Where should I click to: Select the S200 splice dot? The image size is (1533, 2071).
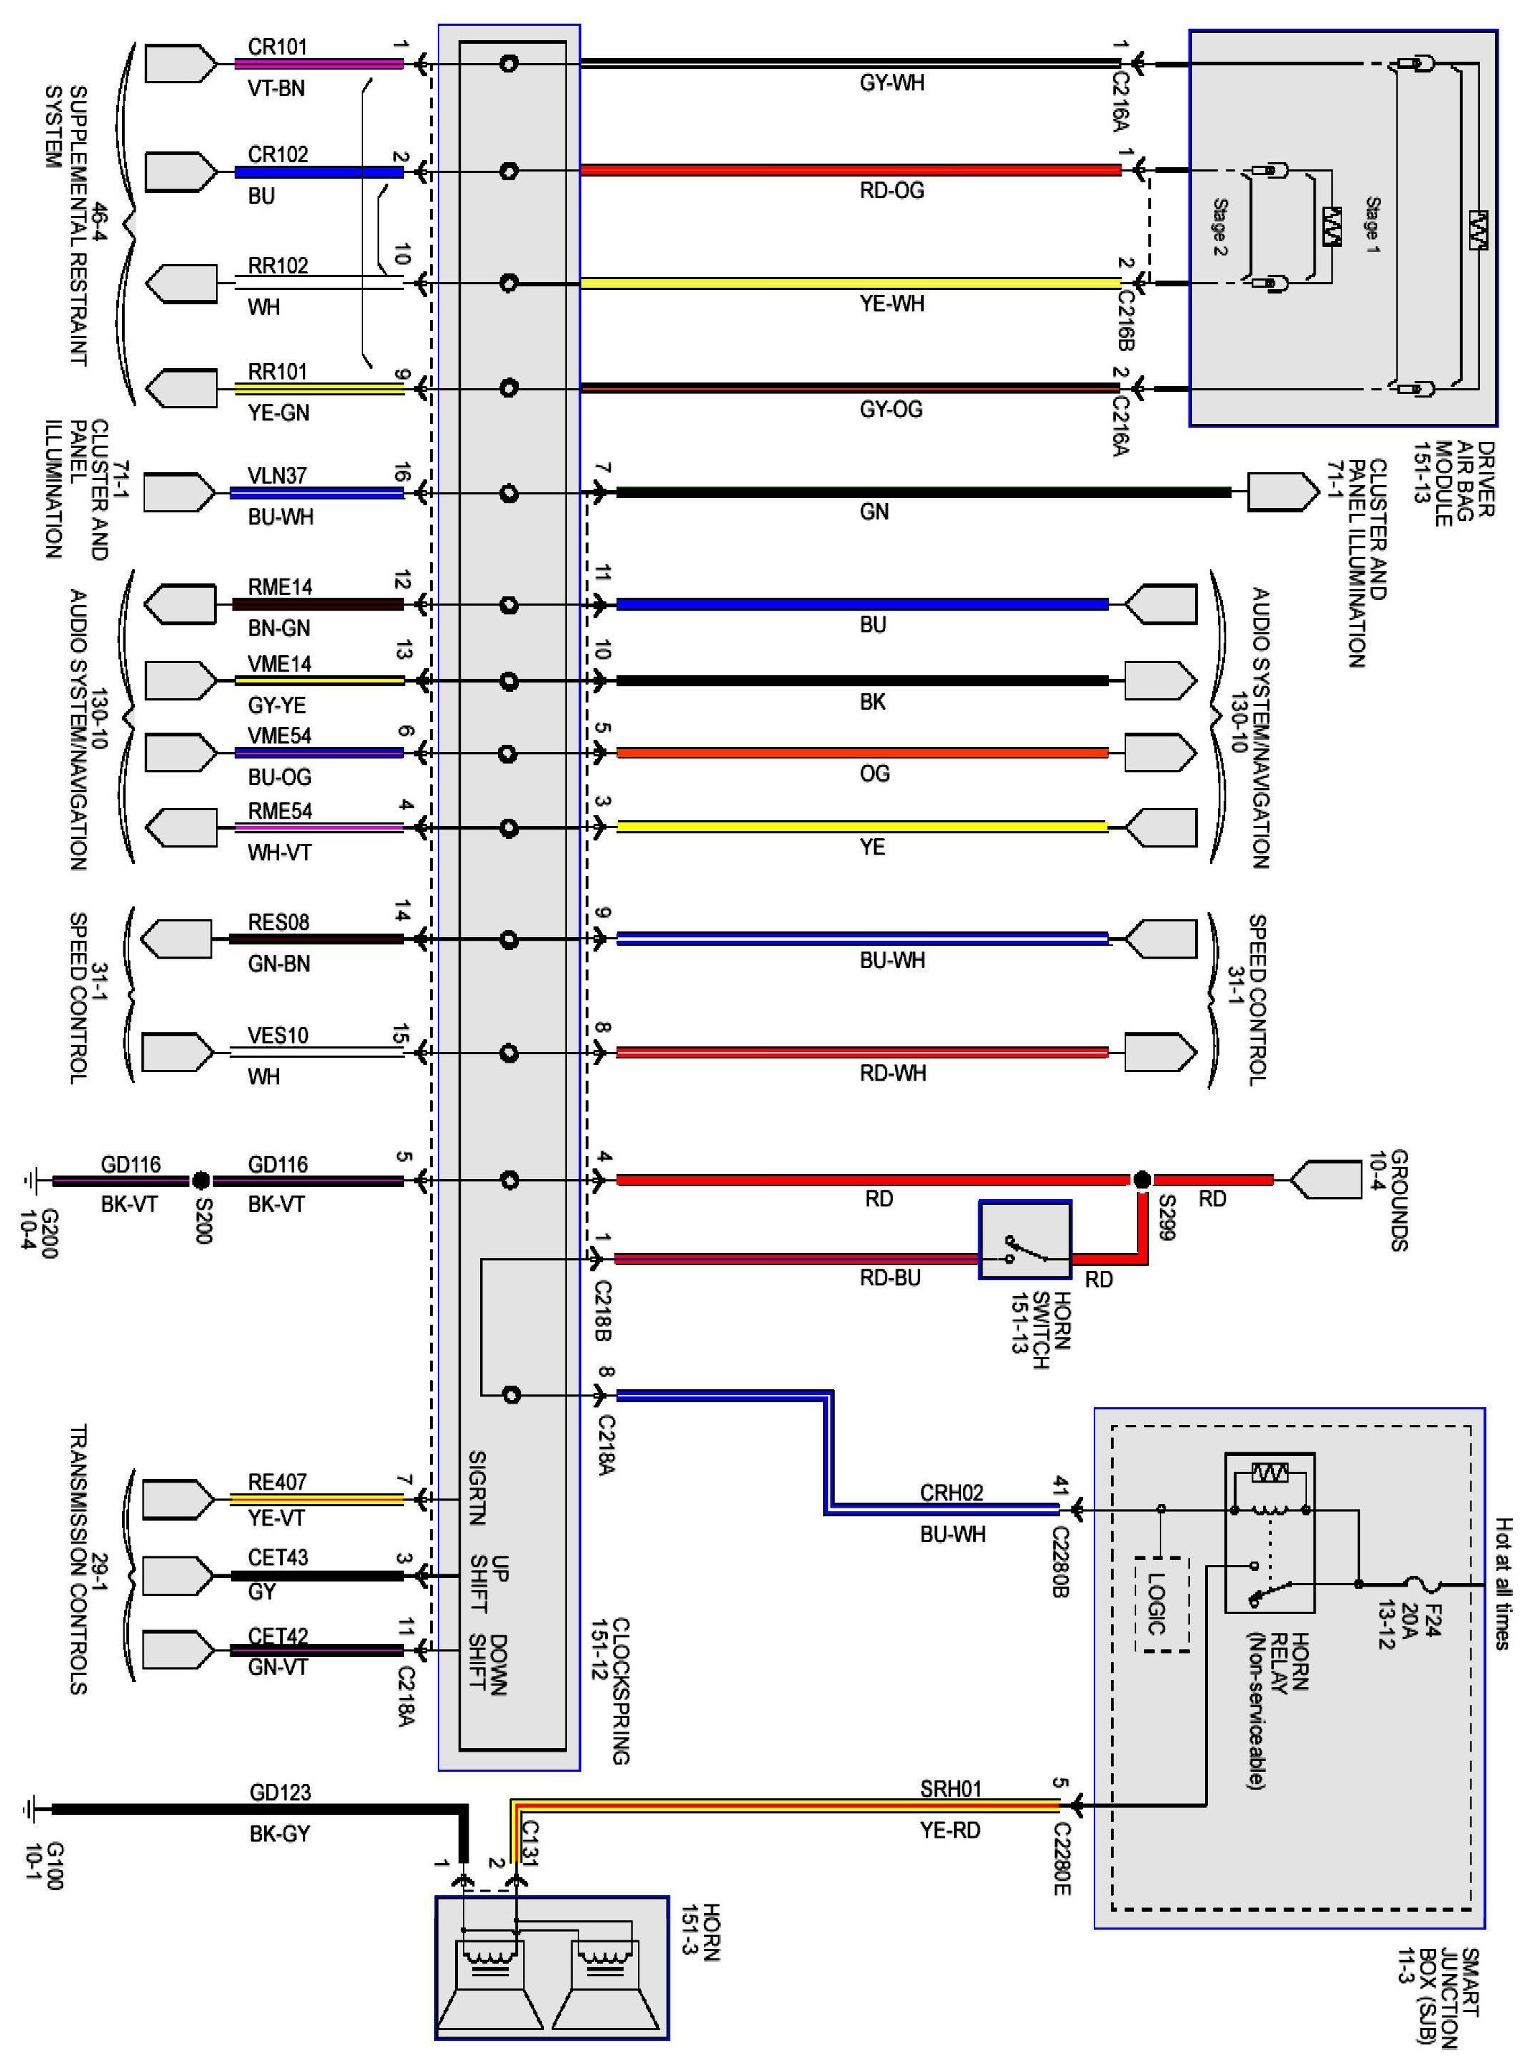coord(200,1180)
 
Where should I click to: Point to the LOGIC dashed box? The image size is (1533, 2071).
coord(1162,1605)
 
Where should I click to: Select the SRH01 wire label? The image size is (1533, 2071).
coord(950,1788)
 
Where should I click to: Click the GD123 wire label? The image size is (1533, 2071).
coord(279,1792)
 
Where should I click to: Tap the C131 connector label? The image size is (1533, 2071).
coord(530,1842)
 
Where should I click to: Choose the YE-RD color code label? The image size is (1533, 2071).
coord(950,1830)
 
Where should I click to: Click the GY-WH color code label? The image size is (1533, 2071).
coord(891,83)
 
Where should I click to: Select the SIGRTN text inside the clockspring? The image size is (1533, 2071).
coord(477,1488)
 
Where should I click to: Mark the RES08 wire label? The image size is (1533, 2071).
coord(278,922)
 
